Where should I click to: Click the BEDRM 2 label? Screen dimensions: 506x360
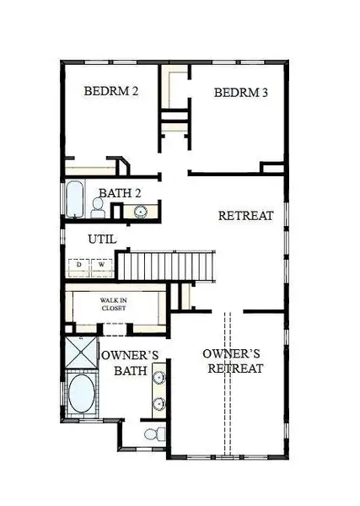pyautogui.click(x=111, y=91)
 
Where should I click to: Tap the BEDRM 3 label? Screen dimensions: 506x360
pyautogui.click(x=240, y=93)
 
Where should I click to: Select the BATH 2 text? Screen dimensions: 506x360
pyautogui.click(x=120, y=194)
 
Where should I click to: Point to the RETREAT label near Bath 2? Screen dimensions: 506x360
pyautogui.click(x=245, y=216)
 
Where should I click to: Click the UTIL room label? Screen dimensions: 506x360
pyautogui.click(x=101, y=240)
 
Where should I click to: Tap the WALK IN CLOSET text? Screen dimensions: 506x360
pyautogui.click(x=115, y=304)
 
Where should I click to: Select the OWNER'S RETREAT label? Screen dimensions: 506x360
pyautogui.click(x=234, y=361)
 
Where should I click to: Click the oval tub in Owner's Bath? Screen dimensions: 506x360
pyautogui.click(x=82, y=396)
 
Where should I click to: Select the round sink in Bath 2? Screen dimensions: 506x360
pyautogui.click(x=139, y=209)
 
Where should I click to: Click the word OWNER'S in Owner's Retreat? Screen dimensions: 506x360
pyautogui.click(x=234, y=353)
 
